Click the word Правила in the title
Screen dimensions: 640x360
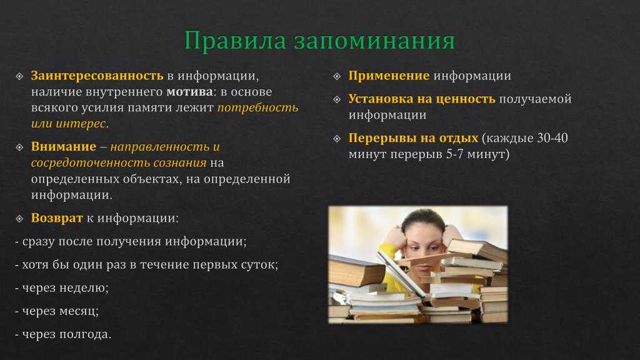(235, 41)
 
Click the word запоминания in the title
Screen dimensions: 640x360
(374, 41)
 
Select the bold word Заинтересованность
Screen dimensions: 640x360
(97, 76)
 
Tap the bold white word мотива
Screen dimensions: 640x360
(189, 92)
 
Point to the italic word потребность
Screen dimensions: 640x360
(258, 108)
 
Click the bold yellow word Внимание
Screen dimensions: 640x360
(64, 146)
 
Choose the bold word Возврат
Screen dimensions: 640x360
(57, 218)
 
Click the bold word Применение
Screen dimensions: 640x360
(389, 76)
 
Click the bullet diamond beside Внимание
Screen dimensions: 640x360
(19, 147)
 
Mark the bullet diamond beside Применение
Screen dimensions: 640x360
(337, 76)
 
